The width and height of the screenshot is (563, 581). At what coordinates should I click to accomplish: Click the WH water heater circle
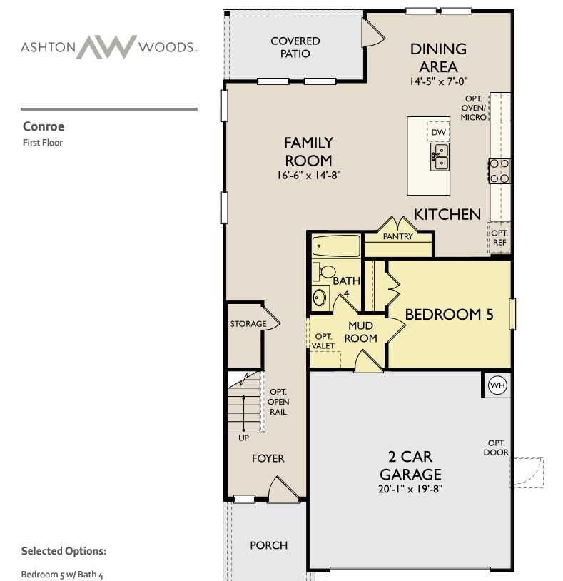tap(497, 385)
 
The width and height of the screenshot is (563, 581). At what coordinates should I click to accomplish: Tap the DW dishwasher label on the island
tap(439, 132)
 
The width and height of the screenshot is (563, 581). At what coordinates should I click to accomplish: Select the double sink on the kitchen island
tap(440, 157)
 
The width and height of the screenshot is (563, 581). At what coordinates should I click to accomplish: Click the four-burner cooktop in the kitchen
tap(499, 171)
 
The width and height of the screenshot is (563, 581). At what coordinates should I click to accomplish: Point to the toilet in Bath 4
tap(323, 272)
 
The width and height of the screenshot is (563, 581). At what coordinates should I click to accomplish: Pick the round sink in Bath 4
tap(319, 297)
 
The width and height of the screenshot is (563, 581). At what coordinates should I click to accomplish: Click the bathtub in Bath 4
tap(336, 246)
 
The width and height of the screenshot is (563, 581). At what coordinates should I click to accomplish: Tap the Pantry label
tap(397, 236)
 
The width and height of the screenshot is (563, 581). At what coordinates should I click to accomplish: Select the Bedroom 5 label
tap(450, 315)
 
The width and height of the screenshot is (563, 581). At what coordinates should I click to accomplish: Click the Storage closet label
tap(248, 324)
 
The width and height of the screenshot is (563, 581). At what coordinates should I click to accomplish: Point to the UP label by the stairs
tap(244, 438)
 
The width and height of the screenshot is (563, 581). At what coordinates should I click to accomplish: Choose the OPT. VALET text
tap(323, 341)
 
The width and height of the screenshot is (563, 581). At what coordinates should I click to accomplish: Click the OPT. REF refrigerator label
tap(499, 238)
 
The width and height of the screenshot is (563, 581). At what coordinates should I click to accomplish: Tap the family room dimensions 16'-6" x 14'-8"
tap(308, 176)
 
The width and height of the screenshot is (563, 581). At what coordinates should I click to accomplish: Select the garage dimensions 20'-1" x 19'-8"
tap(410, 489)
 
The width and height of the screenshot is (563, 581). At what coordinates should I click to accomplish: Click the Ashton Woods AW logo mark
tap(106, 46)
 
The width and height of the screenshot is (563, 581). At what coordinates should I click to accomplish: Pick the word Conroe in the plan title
tap(44, 126)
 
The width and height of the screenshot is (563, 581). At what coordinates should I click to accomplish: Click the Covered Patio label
tap(295, 47)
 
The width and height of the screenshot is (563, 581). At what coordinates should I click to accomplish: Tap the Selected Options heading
tap(64, 551)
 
